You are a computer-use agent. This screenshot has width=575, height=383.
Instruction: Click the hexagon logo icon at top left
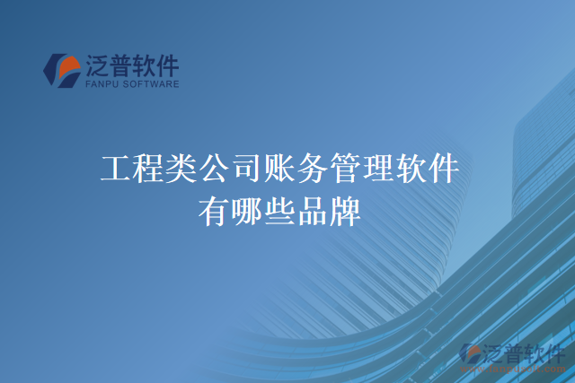pos(63,71)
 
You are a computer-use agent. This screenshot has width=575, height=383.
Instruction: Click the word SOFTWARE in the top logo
pos(152,85)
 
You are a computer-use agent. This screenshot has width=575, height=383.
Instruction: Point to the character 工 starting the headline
pos(116,168)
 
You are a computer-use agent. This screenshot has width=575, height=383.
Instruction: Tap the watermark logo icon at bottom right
pos(471,355)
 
